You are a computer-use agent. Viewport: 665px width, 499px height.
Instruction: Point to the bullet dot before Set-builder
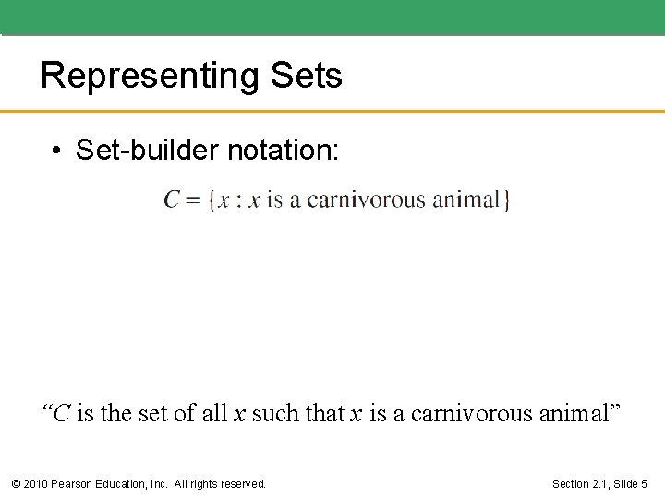pyautogui.click(x=57, y=151)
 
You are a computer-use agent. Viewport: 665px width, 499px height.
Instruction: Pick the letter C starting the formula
pyautogui.click(x=172, y=200)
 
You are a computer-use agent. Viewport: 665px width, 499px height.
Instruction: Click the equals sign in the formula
pyautogui.click(x=194, y=201)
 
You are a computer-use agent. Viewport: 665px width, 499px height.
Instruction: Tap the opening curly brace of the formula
pyautogui.click(x=212, y=201)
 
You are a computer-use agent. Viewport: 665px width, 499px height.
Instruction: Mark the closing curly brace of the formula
pyautogui.click(x=507, y=201)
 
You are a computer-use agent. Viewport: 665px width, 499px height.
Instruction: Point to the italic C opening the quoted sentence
pyautogui.click(x=61, y=414)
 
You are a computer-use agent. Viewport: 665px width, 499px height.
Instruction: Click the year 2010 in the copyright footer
pyautogui.click(x=35, y=483)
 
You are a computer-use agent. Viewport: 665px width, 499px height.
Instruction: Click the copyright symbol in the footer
pyautogui.click(x=16, y=483)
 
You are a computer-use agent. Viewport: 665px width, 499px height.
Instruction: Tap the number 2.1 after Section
pyautogui.click(x=593, y=483)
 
